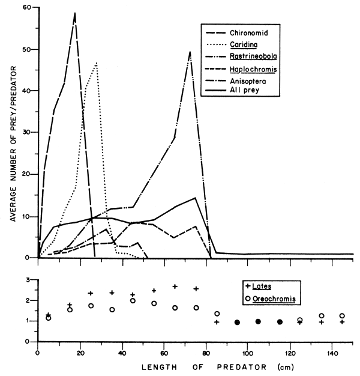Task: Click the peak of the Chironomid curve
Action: (x=75, y=13)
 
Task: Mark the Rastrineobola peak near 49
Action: (x=190, y=52)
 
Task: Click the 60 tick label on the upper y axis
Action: (x=28, y=8)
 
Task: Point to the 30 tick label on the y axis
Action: (x=28, y=132)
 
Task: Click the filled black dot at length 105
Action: (x=259, y=321)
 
